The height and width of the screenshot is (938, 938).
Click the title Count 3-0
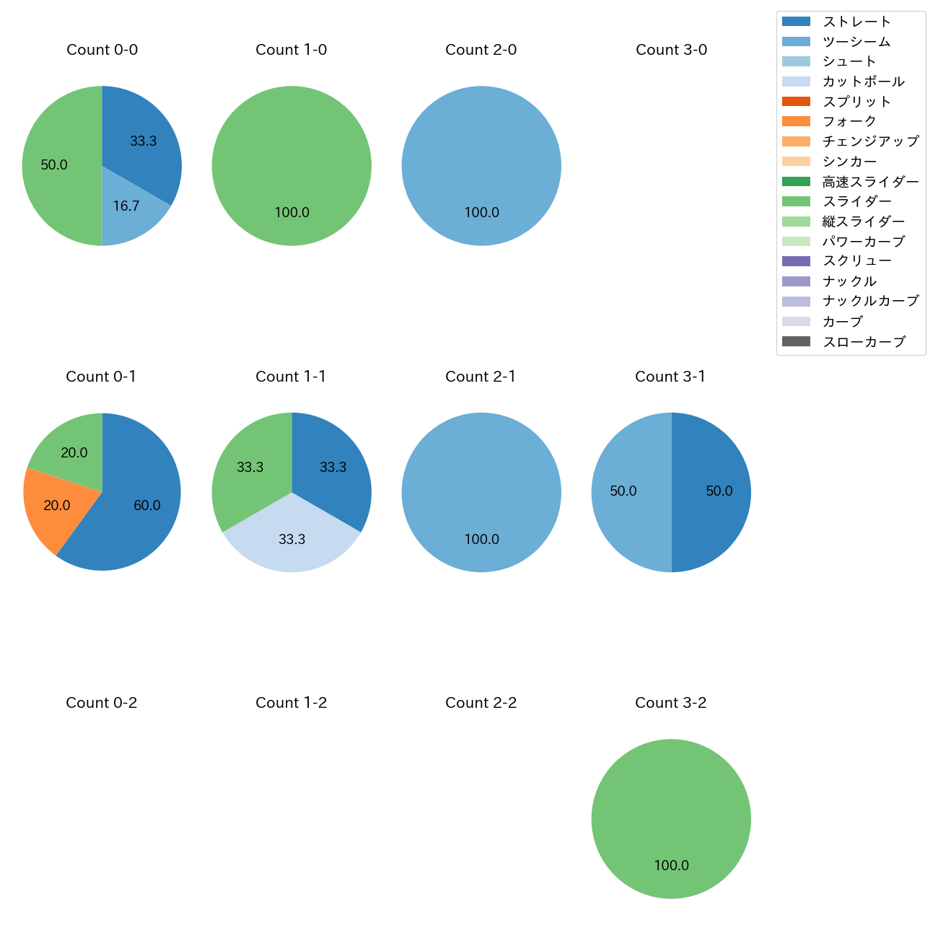click(x=671, y=50)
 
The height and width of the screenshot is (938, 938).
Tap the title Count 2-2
click(x=481, y=703)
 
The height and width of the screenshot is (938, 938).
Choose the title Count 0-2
click(x=101, y=703)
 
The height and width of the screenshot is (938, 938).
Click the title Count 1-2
click(x=291, y=703)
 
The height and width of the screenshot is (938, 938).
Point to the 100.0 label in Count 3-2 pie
click(x=671, y=865)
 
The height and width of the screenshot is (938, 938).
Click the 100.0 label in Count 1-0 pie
click(x=292, y=213)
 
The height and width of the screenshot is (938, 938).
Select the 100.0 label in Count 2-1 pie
click(x=481, y=540)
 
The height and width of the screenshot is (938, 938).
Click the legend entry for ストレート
click(x=856, y=22)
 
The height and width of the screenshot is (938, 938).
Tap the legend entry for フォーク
click(x=849, y=121)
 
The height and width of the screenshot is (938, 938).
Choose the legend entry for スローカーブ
click(x=864, y=342)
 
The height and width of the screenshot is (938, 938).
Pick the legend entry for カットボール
click(x=863, y=82)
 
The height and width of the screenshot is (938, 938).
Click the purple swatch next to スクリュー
click(x=796, y=261)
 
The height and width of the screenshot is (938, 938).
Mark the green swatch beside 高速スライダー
click(x=796, y=181)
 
